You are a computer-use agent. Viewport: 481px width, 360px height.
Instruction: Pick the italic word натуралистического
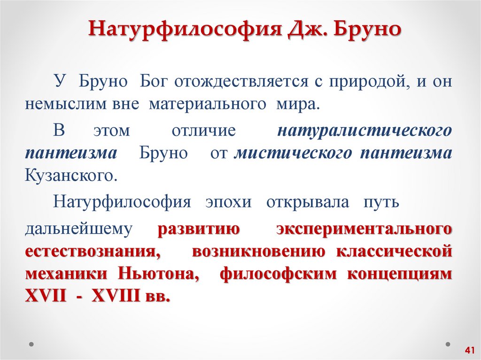click(365, 130)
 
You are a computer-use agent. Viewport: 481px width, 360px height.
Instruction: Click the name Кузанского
click(70, 176)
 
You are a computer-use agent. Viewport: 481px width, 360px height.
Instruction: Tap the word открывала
click(308, 203)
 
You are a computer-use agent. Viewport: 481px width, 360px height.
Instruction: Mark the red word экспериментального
click(365, 229)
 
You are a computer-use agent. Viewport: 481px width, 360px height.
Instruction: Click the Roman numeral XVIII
click(116, 297)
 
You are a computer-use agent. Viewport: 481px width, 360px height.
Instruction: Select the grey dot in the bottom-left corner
click(31, 344)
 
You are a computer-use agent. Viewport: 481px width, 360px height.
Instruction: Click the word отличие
click(203, 130)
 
